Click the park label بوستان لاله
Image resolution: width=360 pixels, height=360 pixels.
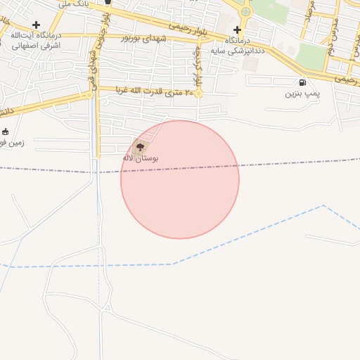(141, 158)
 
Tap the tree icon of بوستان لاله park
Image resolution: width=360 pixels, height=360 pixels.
(140, 147)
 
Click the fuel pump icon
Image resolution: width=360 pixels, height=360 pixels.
(302, 82)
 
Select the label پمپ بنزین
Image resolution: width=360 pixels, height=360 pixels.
(302, 93)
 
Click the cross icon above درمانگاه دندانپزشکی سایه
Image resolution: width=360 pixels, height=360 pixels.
(237, 30)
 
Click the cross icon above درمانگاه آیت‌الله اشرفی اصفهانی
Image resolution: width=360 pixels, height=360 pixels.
(36, 25)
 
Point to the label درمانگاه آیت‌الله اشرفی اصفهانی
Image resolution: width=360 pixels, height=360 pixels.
(36, 39)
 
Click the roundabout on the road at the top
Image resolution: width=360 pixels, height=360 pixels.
(245, 11)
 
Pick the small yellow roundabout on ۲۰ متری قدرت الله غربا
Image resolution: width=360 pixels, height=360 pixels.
(198, 94)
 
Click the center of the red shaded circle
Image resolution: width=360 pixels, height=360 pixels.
(180, 180)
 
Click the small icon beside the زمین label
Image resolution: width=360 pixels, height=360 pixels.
(6, 131)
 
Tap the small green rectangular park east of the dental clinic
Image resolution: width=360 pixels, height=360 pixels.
(313, 56)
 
